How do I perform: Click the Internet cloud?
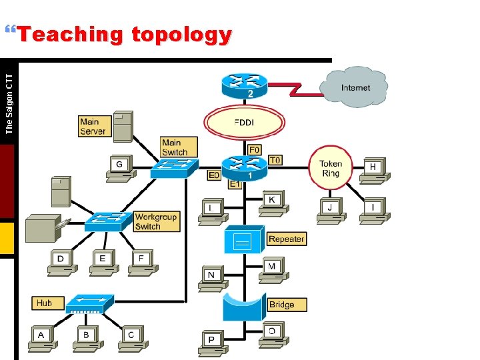click(x=355, y=87)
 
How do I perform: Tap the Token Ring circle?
click(x=331, y=168)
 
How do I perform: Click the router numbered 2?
click(x=243, y=84)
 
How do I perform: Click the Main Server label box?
click(x=93, y=127)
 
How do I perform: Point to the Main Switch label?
click(x=179, y=147)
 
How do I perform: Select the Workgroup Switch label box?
click(x=157, y=221)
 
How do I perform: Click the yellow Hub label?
click(x=45, y=303)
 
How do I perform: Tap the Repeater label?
click(x=287, y=239)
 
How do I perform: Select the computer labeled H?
click(x=373, y=170)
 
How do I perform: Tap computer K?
click(x=271, y=202)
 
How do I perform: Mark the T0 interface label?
click(x=275, y=160)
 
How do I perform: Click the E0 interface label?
click(x=213, y=175)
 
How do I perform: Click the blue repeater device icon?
click(x=243, y=240)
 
